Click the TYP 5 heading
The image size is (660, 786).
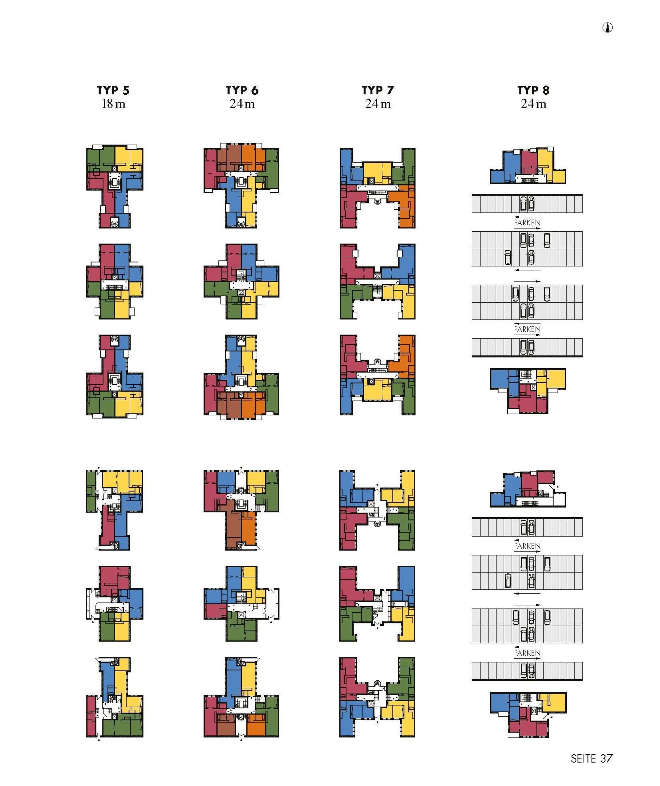pos(113,90)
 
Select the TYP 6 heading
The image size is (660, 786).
pos(242,90)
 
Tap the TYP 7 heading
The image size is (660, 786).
pos(378,90)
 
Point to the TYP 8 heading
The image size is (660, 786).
pos(533,90)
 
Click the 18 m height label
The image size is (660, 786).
pos(113,104)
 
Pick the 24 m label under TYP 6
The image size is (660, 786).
pos(242,104)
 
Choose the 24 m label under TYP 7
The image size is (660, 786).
pos(378,104)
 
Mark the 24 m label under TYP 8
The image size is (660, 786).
pos(533,104)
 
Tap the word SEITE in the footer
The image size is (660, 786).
pos(583,759)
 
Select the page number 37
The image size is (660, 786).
pos(606,759)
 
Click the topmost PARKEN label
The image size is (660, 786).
pos(527,223)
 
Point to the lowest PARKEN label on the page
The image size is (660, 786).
pos(527,653)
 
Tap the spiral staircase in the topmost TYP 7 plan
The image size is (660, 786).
pos(378,201)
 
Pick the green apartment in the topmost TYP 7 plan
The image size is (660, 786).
pos(409,165)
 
